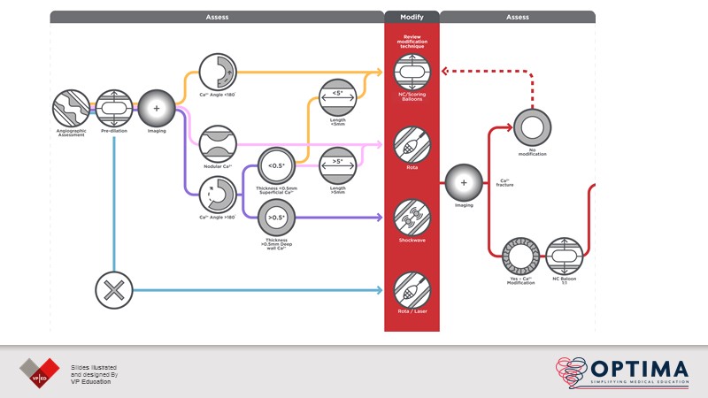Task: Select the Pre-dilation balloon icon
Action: pos(114,108)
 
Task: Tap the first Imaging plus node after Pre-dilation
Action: pos(158,108)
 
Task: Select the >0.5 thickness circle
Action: pos(275,217)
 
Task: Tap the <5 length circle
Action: pos(338,95)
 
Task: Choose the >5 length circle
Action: pos(338,165)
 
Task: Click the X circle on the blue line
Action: pos(114,289)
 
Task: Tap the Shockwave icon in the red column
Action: pos(412,216)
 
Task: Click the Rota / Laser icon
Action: pos(412,289)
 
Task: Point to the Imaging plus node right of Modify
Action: pos(463,182)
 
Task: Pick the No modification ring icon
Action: pos(532,127)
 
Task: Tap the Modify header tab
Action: pos(412,17)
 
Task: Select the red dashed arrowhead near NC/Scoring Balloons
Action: pos(445,72)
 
